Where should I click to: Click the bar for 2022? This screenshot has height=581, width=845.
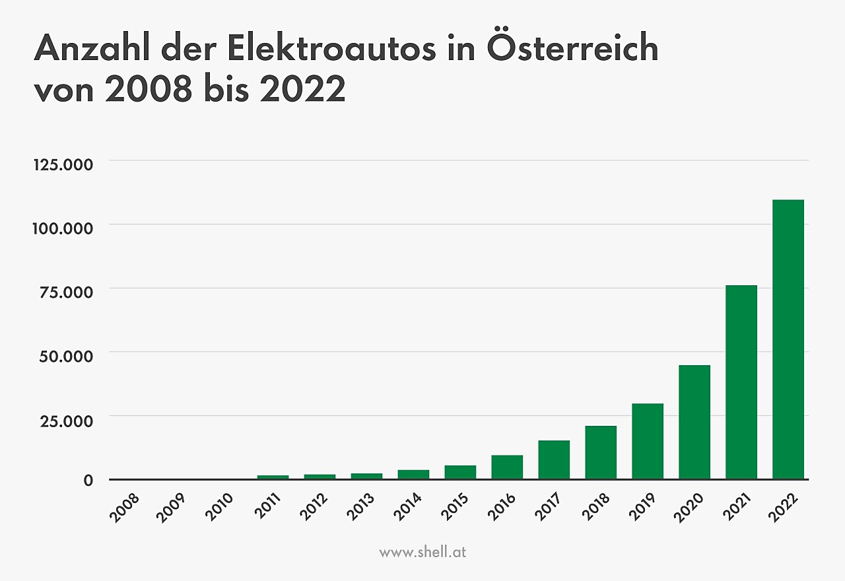point(788,339)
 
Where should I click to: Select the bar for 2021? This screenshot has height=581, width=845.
point(741,382)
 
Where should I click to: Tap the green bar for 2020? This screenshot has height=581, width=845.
point(694,422)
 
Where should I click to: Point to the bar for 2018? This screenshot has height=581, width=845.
point(600,452)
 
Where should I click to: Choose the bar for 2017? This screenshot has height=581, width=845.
point(553,460)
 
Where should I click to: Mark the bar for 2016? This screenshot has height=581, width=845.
point(506,467)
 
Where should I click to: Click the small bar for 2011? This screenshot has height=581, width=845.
point(273,477)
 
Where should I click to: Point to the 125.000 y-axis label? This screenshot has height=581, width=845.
point(63,164)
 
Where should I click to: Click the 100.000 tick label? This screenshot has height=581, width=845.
point(63,228)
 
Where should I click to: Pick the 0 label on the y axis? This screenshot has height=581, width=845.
point(88,480)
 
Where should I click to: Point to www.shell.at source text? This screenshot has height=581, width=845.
point(422,552)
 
